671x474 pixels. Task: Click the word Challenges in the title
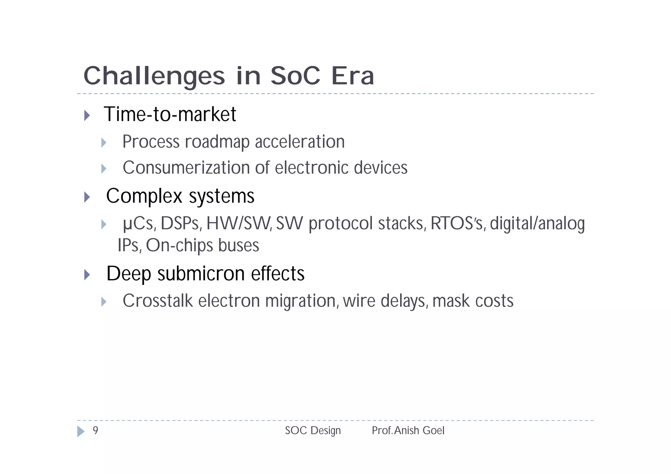[x=154, y=76]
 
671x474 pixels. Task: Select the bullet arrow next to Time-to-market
[x=87, y=115]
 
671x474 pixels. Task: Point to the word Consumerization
[x=186, y=168]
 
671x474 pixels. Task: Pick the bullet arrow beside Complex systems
[x=87, y=197]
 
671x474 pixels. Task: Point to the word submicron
[x=201, y=274]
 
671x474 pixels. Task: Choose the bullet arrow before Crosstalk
[x=104, y=302]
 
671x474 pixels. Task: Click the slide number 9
[x=95, y=430]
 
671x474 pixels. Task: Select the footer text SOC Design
[x=313, y=430]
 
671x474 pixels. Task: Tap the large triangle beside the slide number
[x=81, y=431]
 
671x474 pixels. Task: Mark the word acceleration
[x=300, y=142]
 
